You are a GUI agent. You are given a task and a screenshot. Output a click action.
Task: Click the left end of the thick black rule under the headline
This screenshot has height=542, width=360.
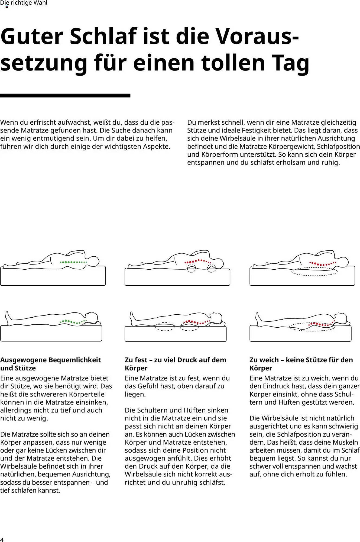coord(0,95)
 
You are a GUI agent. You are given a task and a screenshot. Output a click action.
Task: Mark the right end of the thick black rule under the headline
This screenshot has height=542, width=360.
coord(130,95)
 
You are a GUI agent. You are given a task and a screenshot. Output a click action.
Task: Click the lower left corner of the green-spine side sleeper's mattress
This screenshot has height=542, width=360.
coord(1,285)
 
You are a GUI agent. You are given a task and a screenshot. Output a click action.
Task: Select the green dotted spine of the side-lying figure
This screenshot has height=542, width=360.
coord(73,262)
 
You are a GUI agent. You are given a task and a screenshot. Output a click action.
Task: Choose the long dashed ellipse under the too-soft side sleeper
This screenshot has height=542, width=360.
coord(314,272)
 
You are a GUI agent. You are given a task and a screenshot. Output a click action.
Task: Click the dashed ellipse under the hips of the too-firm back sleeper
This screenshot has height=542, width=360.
coord(165,326)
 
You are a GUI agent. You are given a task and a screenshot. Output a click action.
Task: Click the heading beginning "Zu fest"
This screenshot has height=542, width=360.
coord(176,364)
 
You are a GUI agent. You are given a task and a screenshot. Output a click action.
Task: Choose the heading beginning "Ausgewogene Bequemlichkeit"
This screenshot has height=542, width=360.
coord(51,364)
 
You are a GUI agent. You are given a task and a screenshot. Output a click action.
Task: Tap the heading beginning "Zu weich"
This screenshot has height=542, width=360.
coord(301,364)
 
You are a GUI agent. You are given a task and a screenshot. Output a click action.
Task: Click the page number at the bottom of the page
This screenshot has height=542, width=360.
coord(2,539)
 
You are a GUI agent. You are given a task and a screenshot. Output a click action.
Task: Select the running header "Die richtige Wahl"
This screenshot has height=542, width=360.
coord(24,3)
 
